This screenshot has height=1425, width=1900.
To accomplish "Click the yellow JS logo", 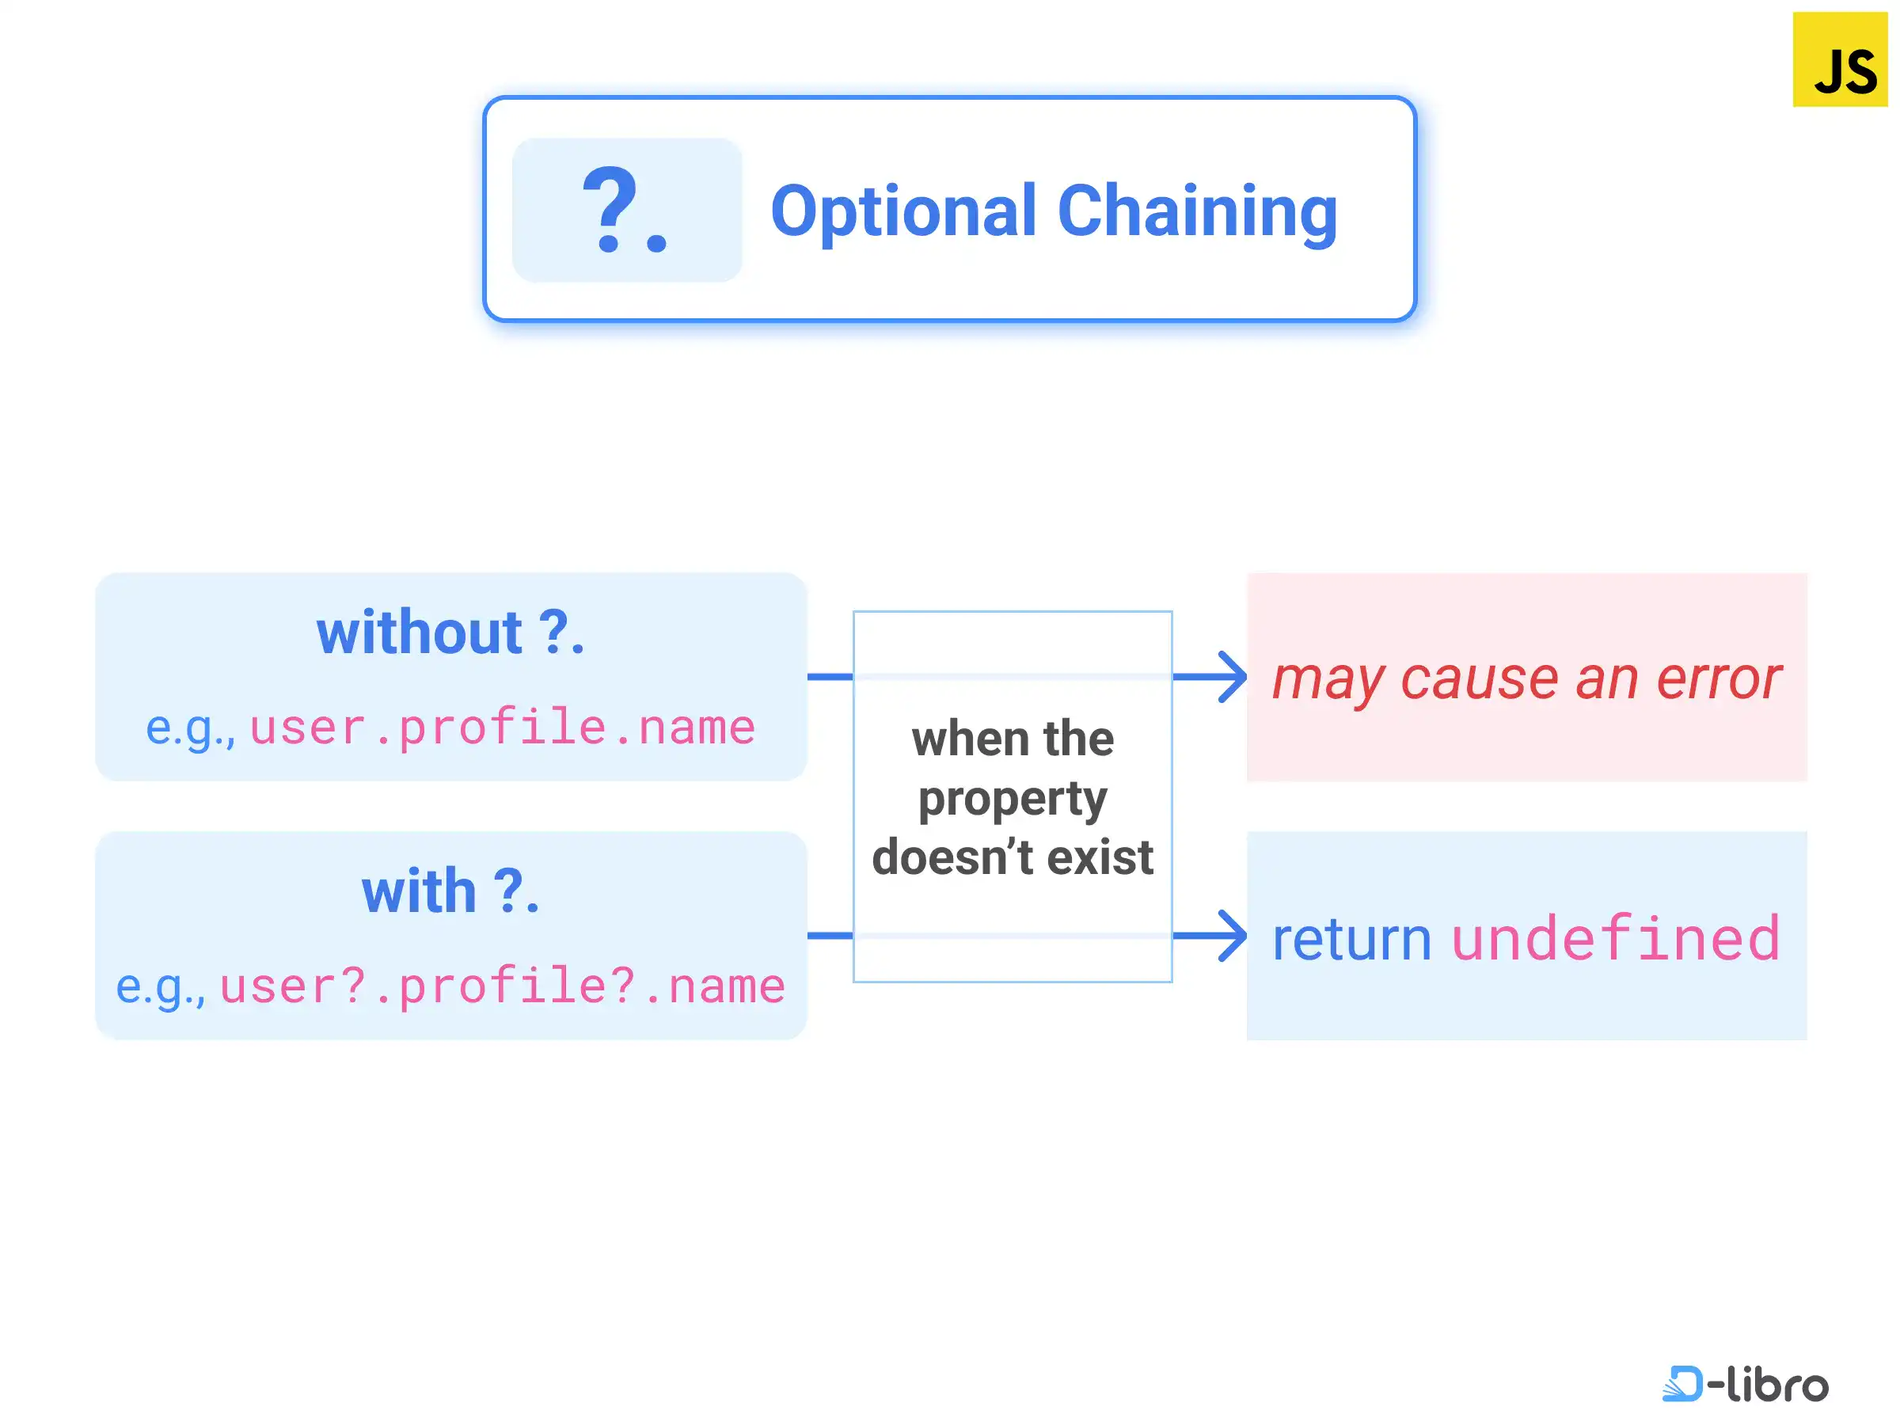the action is click(1840, 59).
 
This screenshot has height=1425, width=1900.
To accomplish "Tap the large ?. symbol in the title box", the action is click(625, 210).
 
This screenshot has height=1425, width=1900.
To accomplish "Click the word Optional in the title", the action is click(903, 213).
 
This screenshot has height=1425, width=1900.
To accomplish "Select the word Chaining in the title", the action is click(1197, 213).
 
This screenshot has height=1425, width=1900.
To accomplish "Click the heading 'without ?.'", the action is click(451, 633).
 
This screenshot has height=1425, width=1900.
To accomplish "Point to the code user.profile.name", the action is click(503, 728).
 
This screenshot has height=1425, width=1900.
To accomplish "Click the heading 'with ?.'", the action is click(451, 891).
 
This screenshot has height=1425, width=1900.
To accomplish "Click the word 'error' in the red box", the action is click(1718, 680).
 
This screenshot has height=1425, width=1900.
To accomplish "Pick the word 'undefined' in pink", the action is click(1616, 938).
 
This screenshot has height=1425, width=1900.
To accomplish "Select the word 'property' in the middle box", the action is click(1013, 800).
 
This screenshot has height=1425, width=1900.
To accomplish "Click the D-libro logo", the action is click(1746, 1384).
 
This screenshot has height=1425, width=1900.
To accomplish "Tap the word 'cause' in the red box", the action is click(1479, 680).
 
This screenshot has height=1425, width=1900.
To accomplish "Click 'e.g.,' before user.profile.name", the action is click(190, 730).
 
